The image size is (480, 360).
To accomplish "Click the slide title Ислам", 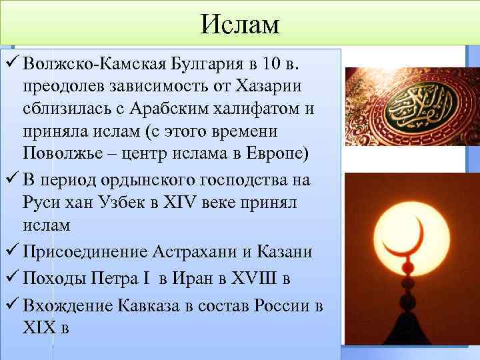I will pos(240,25).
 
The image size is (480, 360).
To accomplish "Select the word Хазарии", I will pos(263,87).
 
